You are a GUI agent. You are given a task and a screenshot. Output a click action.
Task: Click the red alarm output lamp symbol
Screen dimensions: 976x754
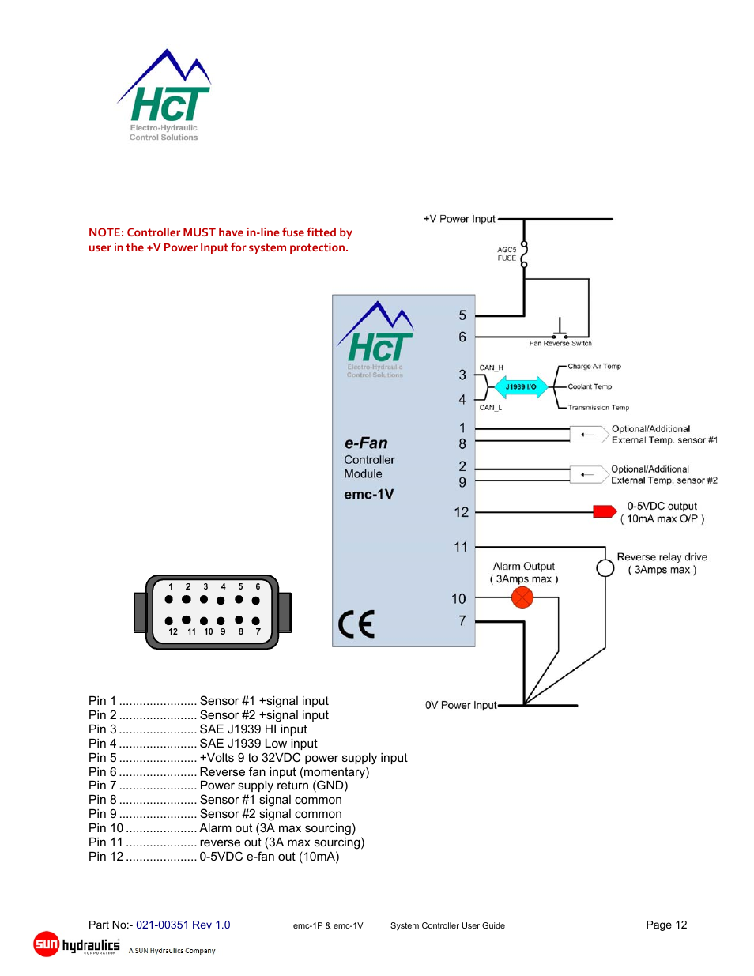coord(522,597)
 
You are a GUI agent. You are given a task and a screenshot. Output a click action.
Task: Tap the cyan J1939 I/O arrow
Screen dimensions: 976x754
coord(521,387)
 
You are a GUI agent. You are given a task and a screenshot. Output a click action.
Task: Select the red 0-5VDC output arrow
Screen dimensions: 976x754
coord(605,511)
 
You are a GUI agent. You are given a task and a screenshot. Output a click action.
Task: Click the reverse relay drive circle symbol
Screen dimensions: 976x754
coord(605,568)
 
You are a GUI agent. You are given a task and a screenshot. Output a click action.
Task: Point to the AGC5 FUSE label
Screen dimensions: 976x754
coord(507,254)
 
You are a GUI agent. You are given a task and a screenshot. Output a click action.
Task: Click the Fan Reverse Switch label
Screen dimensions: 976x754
coord(560,344)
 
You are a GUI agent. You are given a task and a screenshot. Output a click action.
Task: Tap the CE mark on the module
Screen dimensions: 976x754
coord(356,624)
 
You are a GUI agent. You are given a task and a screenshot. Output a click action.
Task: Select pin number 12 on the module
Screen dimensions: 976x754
coord(462,512)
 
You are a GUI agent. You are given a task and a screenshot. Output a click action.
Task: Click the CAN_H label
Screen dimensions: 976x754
coord(491,368)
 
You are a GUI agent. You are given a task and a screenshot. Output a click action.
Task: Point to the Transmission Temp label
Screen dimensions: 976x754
coord(598,408)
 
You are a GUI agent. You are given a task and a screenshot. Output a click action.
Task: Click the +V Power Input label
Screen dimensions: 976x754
coord(459,219)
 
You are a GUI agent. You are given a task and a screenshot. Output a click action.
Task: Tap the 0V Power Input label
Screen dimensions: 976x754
coord(461,705)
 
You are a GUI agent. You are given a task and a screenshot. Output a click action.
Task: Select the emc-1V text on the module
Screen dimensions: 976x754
coord(368,495)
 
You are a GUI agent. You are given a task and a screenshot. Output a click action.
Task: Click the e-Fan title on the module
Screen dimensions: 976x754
coord(366,443)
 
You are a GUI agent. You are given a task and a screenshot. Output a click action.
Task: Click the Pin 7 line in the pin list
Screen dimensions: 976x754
coord(218,786)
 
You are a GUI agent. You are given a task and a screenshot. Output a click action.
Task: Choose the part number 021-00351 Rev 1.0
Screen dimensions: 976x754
coord(183,925)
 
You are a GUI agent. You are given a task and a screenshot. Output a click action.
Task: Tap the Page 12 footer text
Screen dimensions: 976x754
coord(666,925)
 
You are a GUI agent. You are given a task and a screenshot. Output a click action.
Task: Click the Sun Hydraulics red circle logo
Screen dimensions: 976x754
coord(47,944)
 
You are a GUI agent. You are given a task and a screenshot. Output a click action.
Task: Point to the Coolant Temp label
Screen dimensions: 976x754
coord(590,387)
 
